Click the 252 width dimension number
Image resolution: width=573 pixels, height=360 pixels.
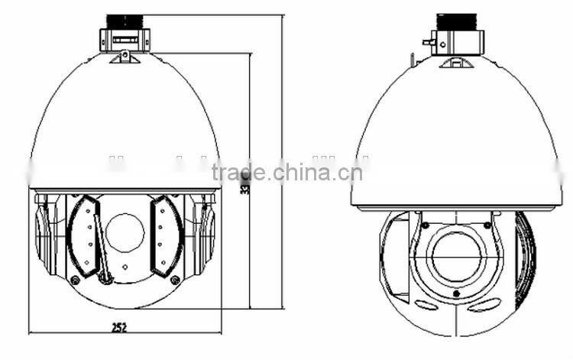[x=118, y=327]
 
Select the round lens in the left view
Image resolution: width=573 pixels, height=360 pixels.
[x=125, y=232]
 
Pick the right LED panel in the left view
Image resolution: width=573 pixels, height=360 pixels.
[x=167, y=236]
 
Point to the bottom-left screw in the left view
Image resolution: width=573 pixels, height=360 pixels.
[x=75, y=281]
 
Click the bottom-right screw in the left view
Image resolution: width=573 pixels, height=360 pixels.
[x=175, y=281]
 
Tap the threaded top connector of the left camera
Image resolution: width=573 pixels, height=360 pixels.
[x=124, y=21]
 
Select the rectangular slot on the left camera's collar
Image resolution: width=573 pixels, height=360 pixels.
[x=125, y=37]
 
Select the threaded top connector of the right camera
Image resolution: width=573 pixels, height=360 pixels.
[x=456, y=21]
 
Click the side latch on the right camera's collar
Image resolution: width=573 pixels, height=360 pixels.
[x=429, y=43]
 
